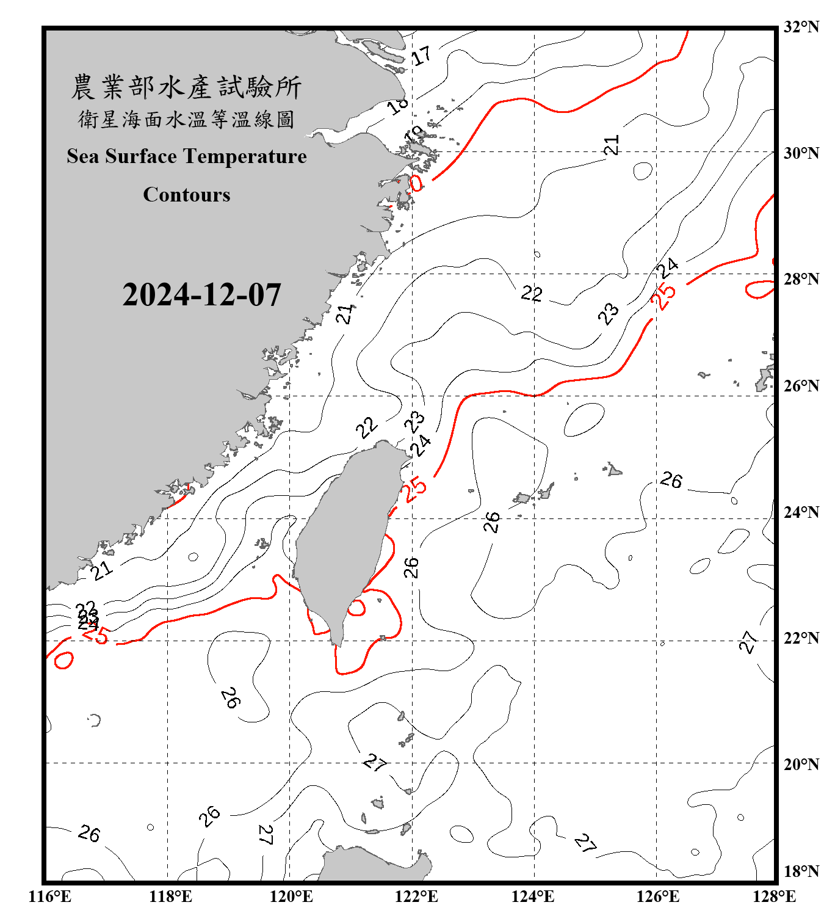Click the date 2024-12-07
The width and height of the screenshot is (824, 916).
(201, 295)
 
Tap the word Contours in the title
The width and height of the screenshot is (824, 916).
(187, 195)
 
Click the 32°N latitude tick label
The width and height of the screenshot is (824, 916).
(801, 27)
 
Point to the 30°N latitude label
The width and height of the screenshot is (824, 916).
(801, 153)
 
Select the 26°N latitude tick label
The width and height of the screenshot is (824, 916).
(801, 386)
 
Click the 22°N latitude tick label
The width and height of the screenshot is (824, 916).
(801, 638)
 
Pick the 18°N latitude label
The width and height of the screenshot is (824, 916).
(801, 871)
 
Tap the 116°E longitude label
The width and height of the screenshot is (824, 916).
(50, 896)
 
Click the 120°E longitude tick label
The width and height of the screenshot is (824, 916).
(291, 896)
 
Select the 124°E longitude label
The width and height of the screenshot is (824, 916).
(533, 896)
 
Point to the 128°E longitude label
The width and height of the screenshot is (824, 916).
(774, 896)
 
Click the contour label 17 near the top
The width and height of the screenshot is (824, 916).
(421, 56)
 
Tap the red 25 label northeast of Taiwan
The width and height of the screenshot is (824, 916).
(415, 489)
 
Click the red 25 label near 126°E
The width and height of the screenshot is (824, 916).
(663, 296)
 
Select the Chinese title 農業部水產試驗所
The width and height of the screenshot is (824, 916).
(186, 87)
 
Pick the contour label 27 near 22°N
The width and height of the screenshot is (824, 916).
(749, 641)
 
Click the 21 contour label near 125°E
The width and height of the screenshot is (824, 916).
(611, 145)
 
